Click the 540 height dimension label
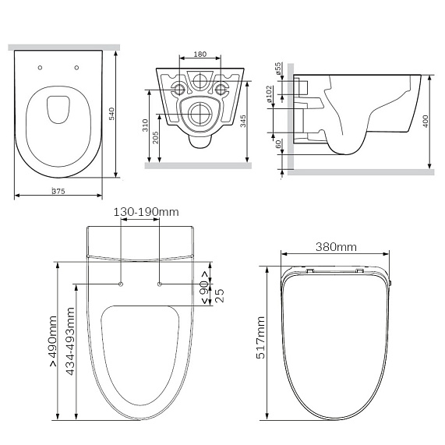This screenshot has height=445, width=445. click(x=111, y=114)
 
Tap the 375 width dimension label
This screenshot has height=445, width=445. click(x=58, y=191)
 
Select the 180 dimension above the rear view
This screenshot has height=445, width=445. click(x=200, y=54)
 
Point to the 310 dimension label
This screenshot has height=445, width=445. click(x=145, y=125)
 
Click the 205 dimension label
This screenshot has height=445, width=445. click(x=155, y=138)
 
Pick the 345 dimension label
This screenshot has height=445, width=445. click(x=243, y=121)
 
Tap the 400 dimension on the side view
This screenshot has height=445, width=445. click(x=426, y=121)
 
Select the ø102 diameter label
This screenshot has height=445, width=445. click(x=269, y=94)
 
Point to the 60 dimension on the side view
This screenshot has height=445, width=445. click(x=278, y=144)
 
